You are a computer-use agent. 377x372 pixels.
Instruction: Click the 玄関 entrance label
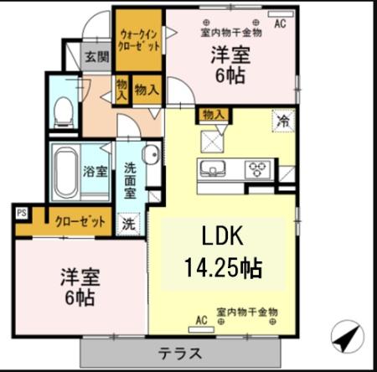click(x=97, y=58)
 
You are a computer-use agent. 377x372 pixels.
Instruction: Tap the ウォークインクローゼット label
click(x=139, y=41)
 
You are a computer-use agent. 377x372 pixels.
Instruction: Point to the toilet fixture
click(x=64, y=110)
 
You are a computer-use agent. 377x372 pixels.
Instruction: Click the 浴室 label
click(x=94, y=172)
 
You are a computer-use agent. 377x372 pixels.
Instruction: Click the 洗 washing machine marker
click(x=128, y=224)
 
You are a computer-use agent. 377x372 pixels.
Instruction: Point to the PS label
click(x=21, y=213)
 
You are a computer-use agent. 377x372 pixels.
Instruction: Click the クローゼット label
click(x=80, y=222)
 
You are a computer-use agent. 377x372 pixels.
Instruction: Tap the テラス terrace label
click(x=181, y=352)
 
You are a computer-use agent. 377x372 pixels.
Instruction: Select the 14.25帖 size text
click(x=222, y=268)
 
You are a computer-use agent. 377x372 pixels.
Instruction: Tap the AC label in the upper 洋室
click(x=279, y=24)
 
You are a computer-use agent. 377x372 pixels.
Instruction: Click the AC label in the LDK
click(x=201, y=319)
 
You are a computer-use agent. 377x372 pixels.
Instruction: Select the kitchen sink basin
click(x=209, y=170)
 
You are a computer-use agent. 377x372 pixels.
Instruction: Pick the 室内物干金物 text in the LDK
click(x=246, y=312)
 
